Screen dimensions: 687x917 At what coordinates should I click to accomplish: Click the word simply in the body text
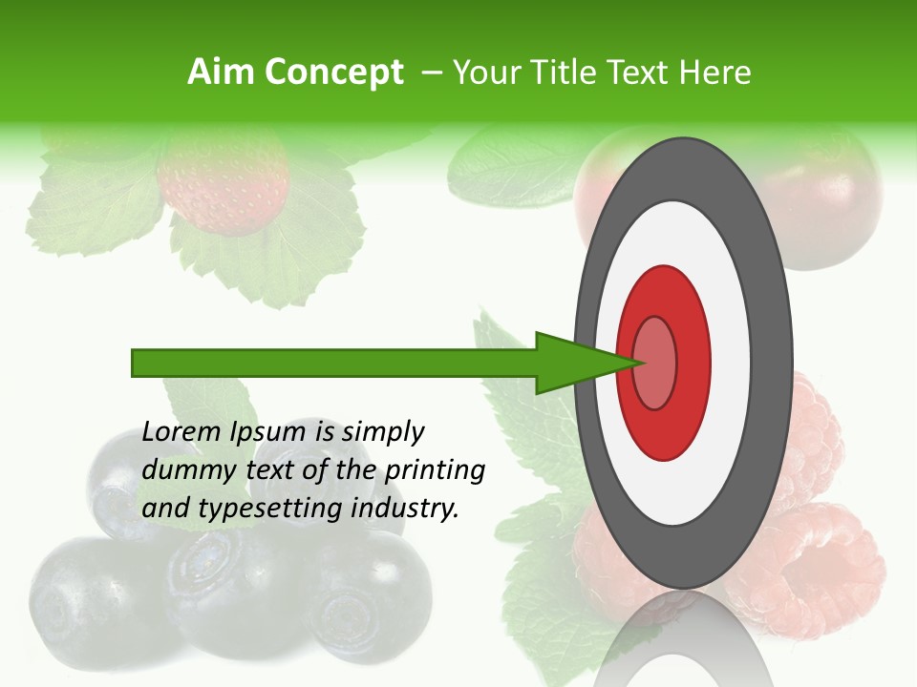point(383,433)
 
